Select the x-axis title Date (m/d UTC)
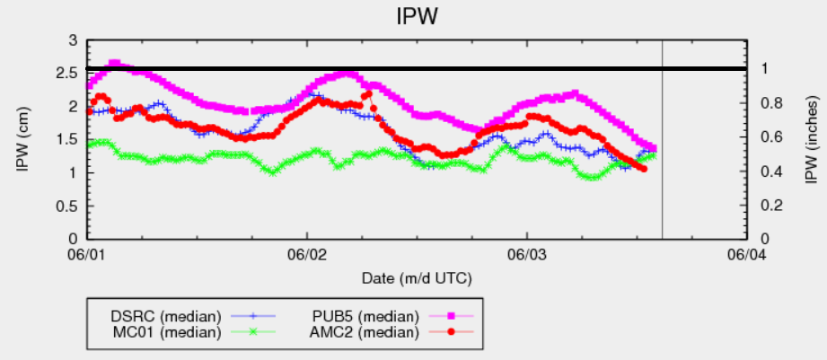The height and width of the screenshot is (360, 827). [x=417, y=278]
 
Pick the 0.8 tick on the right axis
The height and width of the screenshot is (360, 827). [x=763, y=103]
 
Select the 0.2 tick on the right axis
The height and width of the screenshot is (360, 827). [x=763, y=205]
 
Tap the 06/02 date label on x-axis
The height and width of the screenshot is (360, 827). [x=306, y=257]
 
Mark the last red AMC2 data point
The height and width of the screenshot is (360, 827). [x=643, y=168]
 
